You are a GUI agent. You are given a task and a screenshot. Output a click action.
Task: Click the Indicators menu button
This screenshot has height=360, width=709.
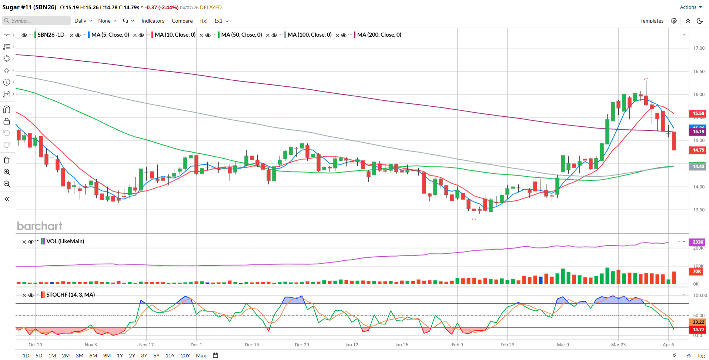153,21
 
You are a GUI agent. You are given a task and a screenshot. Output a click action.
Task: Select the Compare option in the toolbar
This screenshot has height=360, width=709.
182,21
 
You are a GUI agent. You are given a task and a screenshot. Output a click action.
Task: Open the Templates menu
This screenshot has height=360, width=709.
652,21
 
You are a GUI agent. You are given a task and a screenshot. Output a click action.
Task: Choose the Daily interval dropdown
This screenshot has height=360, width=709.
83,21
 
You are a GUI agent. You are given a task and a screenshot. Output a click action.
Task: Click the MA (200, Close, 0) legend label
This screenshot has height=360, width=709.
379,35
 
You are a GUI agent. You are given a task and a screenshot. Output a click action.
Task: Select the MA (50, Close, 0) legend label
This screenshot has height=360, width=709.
241,35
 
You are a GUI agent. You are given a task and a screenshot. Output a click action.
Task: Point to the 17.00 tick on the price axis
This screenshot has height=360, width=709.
699,48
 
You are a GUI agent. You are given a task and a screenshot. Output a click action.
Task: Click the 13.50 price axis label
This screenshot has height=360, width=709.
699,210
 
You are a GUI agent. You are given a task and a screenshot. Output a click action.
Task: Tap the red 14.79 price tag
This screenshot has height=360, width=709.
698,150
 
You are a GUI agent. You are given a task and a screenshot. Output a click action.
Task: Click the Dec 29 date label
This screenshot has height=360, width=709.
302,344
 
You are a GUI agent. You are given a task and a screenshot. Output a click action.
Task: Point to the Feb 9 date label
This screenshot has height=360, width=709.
457,344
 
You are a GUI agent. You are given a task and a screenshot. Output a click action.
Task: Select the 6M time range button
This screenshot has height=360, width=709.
93,356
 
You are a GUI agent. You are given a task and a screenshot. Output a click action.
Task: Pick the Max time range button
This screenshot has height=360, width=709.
201,356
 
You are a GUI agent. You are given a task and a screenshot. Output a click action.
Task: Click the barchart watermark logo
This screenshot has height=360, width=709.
40,226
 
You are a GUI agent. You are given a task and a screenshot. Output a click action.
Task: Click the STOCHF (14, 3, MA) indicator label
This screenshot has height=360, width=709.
70,295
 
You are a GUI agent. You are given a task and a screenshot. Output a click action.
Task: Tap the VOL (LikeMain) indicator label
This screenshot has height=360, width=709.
65,241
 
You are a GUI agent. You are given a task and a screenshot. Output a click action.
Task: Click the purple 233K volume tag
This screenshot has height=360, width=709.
698,242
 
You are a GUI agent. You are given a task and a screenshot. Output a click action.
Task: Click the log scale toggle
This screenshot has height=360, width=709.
701,356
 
